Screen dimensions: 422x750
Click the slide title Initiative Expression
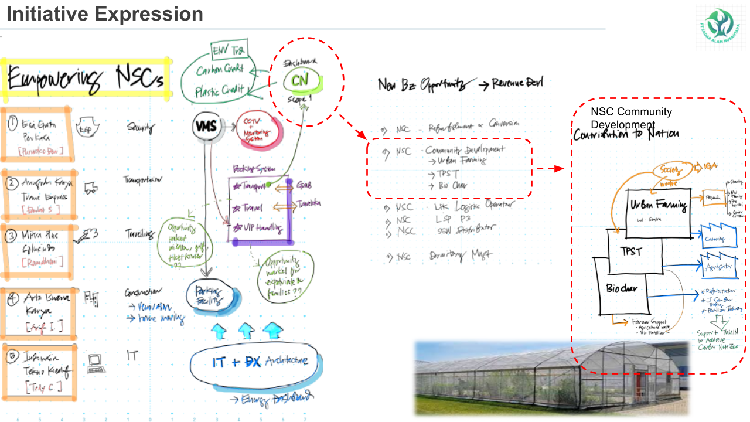[x=105, y=14]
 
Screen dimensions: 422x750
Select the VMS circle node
[x=207, y=125]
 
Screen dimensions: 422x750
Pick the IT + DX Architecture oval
[x=257, y=362]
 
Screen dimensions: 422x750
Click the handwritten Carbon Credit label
[x=220, y=69]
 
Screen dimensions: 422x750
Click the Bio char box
[x=622, y=289]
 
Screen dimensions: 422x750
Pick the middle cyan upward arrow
[x=245, y=332]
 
